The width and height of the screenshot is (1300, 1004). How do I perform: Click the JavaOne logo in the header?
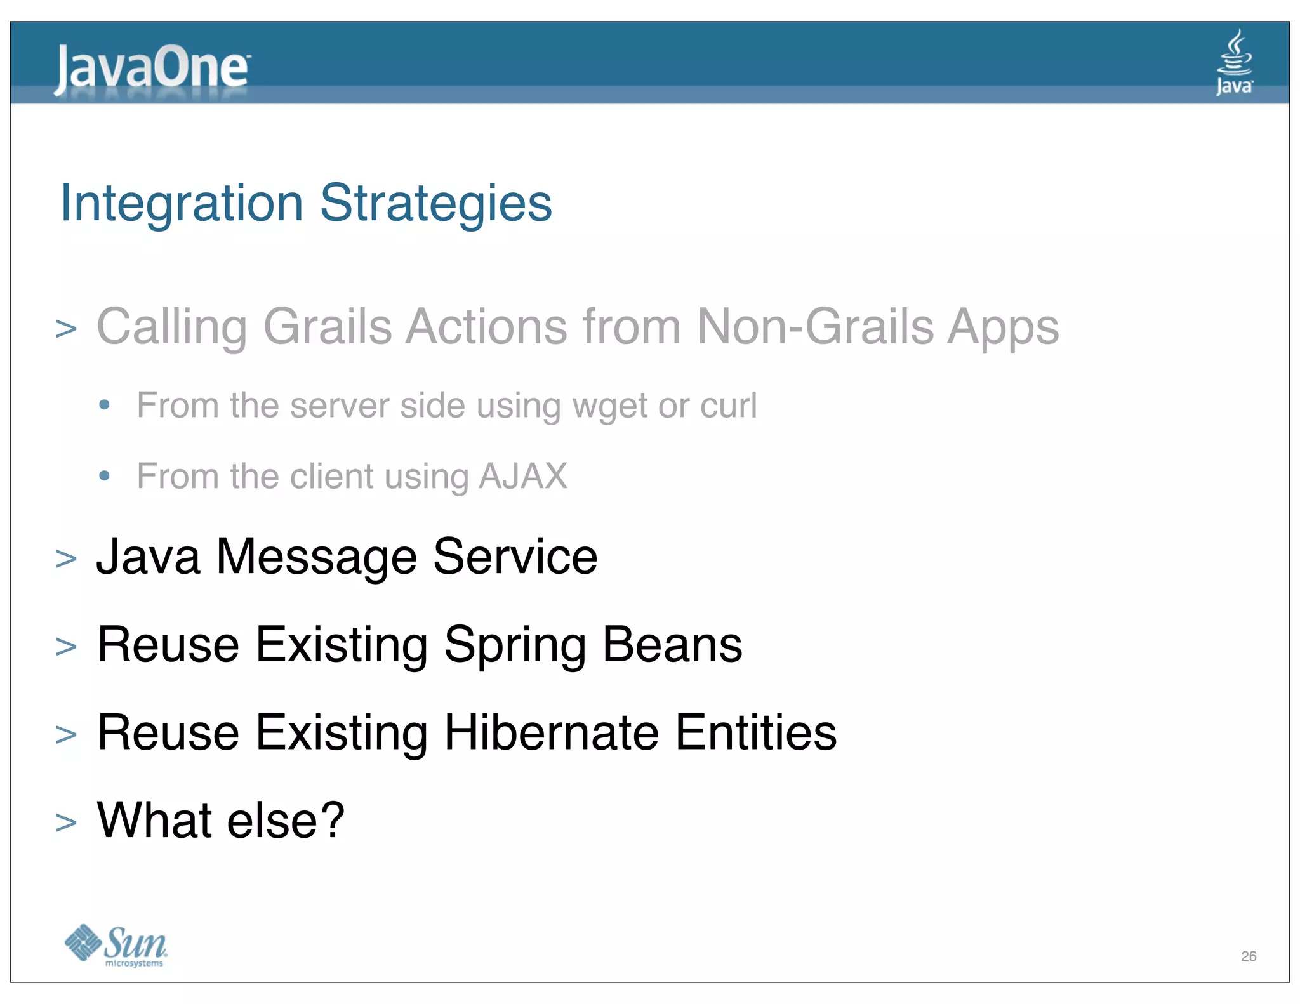[152, 69]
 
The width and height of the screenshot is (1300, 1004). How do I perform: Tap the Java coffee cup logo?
[1234, 62]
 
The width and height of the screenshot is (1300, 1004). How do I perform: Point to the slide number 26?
[1248, 956]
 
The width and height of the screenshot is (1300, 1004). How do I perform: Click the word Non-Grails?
[814, 327]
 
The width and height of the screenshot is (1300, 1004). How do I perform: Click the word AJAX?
[523, 476]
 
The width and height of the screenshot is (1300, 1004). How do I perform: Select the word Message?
[316, 557]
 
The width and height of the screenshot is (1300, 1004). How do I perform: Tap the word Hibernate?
[551, 733]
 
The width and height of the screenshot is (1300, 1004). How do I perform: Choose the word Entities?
[755, 733]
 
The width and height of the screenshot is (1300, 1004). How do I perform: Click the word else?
[286, 821]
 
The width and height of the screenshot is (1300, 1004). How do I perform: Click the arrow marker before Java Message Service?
[66, 559]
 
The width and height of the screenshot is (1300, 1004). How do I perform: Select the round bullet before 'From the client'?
[105, 475]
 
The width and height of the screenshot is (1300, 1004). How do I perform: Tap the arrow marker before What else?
[66, 822]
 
